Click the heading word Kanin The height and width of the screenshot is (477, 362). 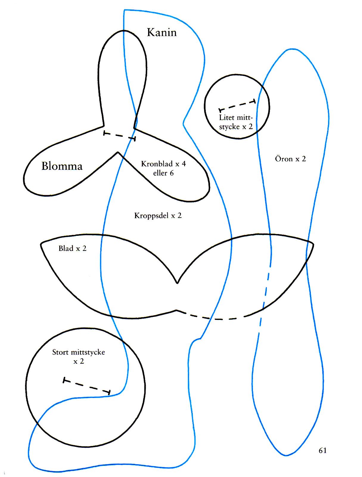coord(162,32)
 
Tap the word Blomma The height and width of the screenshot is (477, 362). coord(62,166)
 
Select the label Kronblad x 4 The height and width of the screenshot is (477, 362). coord(163,164)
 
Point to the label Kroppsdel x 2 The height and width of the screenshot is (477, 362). coord(158,216)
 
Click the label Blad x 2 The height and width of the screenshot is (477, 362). coord(72,248)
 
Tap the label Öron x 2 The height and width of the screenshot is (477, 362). coord(290,159)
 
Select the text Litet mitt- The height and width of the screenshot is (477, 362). coord(236,117)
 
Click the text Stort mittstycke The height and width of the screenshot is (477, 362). coord(79,352)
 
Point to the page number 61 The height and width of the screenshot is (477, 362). coord(323,450)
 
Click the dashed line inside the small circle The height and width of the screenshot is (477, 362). coord(237,106)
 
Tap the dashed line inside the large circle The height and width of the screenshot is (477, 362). coord(87,386)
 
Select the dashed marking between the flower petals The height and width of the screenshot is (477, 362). coord(119,136)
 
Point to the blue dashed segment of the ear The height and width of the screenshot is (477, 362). coord(265,298)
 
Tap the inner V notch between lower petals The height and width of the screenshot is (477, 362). coord(118,153)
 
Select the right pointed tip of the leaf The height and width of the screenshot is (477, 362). coord(313,244)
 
